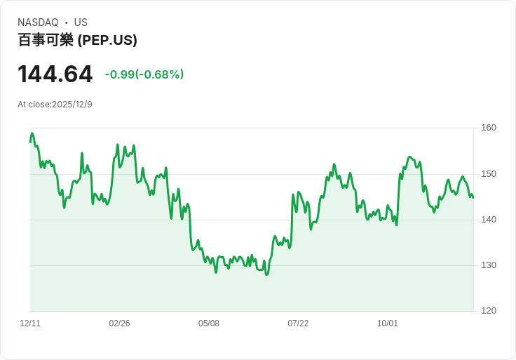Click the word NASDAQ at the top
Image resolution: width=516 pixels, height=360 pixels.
(x=38, y=22)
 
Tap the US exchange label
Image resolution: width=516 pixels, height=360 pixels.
(x=81, y=22)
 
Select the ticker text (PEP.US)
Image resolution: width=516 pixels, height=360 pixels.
(x=107, y=40)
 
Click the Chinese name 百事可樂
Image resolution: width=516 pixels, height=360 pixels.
(x=46, y=40)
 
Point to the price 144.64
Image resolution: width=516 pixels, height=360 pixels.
(x=55, y=74)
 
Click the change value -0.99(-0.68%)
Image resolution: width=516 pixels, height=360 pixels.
(x=144, y=74)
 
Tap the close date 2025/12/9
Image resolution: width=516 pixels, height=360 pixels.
(x=72, y=105)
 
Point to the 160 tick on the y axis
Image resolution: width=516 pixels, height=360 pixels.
(x=489, y=128)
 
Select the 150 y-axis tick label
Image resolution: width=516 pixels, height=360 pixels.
(x=489, y=174)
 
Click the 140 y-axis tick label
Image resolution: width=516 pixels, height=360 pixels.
(x=489, y=220)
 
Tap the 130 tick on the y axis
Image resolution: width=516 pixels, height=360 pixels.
(x=489, y=265)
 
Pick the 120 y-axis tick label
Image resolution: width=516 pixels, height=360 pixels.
(x=489, y=311)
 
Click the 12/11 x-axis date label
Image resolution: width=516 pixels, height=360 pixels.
(x=30, y=324)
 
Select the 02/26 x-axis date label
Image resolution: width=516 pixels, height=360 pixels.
(x=119, y=324)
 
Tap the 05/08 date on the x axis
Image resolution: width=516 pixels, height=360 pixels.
(x=209, y=324)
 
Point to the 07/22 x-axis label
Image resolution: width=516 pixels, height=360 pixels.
(x=298, y=324)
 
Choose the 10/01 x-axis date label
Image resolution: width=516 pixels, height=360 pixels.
(x=388, y=324)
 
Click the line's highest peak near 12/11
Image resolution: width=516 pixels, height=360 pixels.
(x=32, y=133)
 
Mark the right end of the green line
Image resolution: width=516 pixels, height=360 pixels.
(x=473, y=197)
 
